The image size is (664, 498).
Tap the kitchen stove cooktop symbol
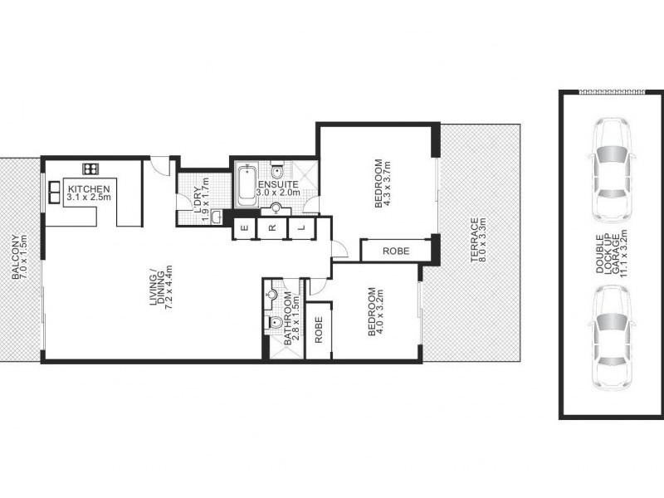coord(90,166)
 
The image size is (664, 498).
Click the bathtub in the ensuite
coord(245,187)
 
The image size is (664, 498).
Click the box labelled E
coord(245,227)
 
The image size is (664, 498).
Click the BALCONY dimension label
coord(19,257)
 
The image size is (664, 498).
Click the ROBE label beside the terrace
coord(394,251)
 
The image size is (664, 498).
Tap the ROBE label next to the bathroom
coord(319,330)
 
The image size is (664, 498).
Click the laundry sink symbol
coord(215,217)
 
